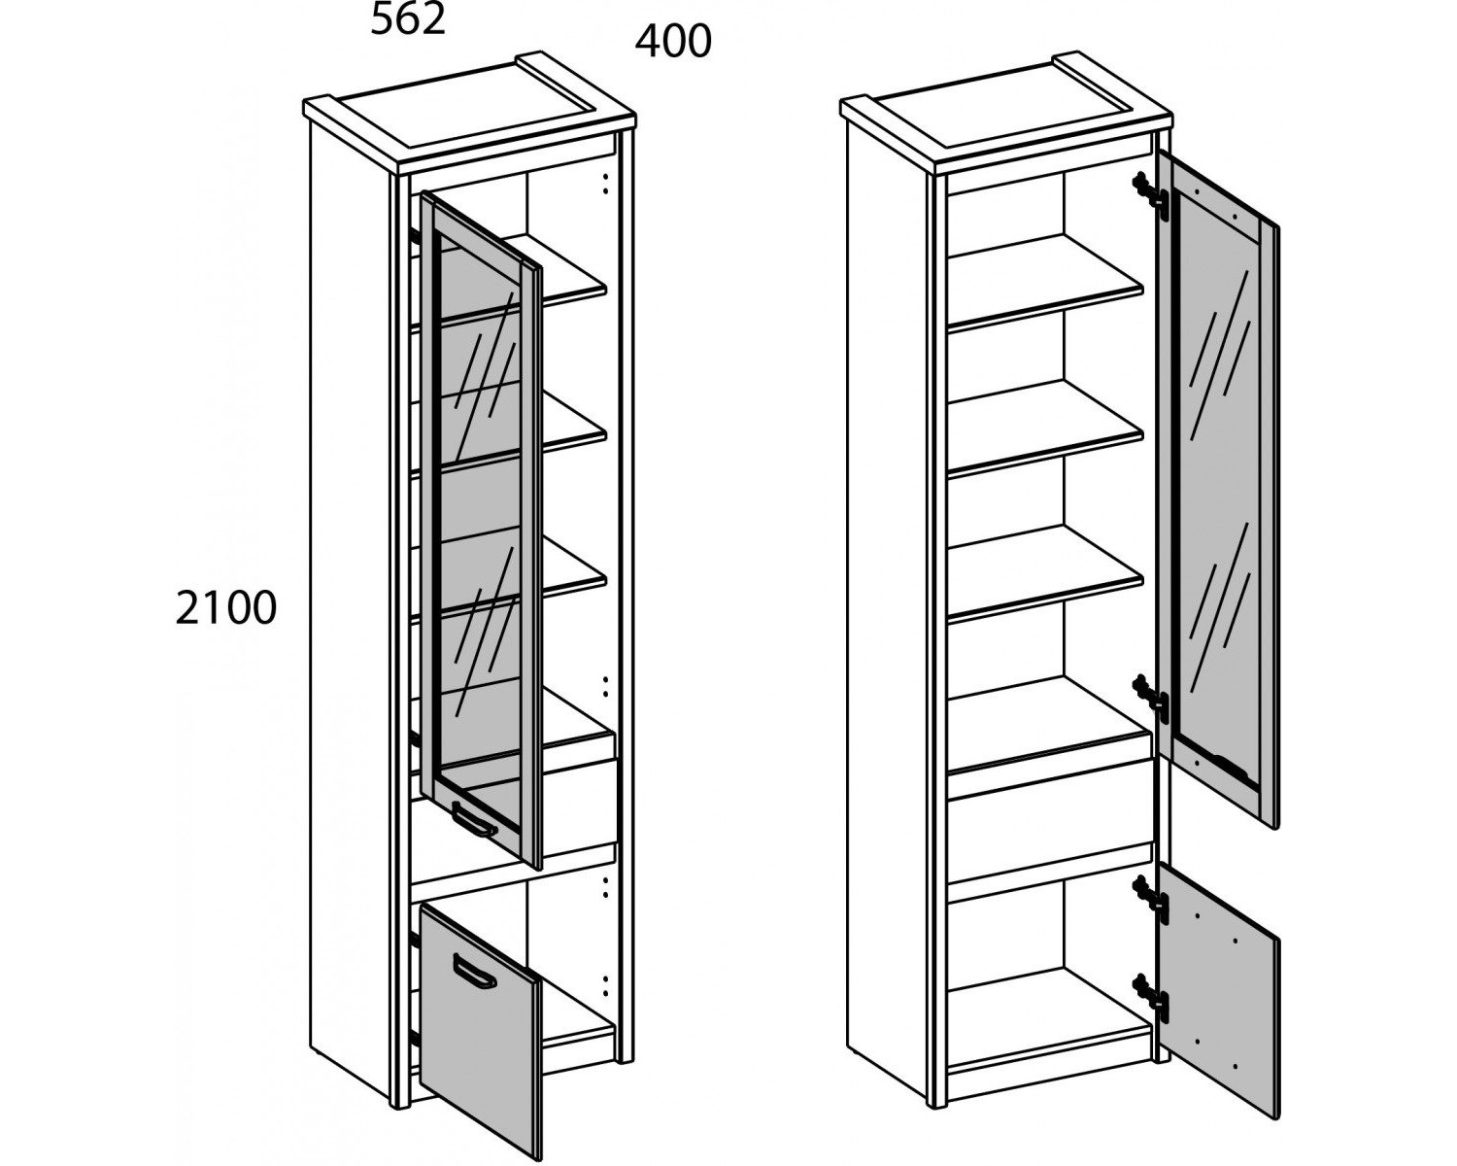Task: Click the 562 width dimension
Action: click(408, 20)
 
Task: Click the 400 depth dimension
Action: click(673, 42)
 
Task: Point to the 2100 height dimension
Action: click(226, 607)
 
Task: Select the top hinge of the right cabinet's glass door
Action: click(1152, 195)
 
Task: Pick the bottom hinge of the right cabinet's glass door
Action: click(1152, 698)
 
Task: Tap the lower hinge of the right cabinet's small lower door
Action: click(1152, 997)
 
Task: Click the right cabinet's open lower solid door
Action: click(1218, 990)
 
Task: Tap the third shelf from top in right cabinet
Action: click(1045, 574)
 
